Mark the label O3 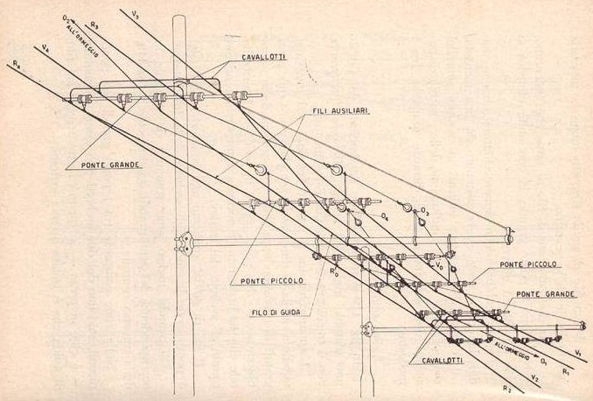424,211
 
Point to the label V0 439,264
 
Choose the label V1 578,351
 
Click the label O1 543,361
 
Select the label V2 534,379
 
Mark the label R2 506,386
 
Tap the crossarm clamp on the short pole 367,329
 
